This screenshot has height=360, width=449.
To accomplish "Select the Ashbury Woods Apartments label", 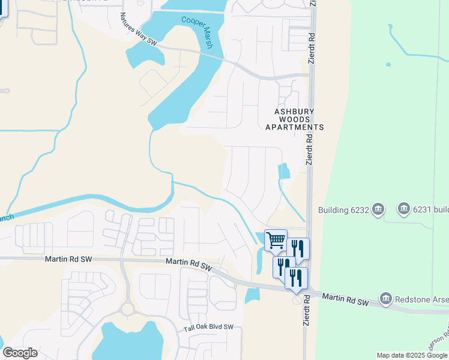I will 298,119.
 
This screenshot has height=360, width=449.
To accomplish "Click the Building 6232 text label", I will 341,210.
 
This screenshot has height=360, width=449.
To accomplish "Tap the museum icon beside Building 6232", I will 378,209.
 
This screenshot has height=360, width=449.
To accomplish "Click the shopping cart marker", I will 276,240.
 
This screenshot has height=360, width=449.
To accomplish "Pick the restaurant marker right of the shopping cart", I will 298,248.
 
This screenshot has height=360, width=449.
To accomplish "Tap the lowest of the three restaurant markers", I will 296,278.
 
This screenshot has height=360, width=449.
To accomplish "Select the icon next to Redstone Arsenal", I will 386,298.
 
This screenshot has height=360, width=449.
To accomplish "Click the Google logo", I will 20,353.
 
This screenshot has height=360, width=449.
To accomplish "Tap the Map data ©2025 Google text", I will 412,355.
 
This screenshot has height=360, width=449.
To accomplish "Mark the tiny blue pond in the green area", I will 388,64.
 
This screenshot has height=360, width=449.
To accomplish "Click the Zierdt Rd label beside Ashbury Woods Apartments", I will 309,153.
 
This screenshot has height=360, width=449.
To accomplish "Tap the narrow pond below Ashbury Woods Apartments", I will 283,171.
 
